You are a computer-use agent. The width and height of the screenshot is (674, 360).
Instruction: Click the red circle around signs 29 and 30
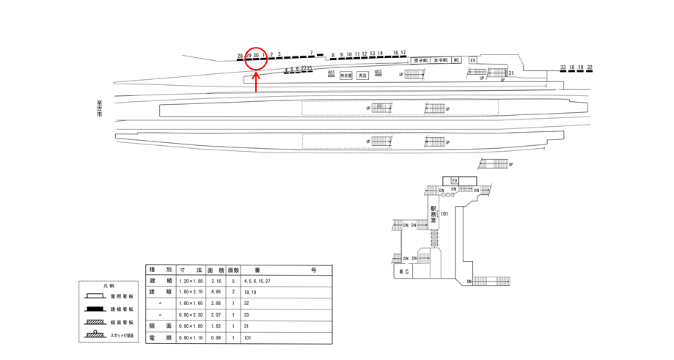click(254, 58)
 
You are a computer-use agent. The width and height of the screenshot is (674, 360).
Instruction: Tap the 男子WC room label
click(420, 60)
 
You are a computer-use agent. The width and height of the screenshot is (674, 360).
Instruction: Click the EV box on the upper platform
click(473, 59)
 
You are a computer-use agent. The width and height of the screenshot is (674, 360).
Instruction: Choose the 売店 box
click(362, 75)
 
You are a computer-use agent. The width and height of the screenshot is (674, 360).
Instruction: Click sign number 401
click(331, 73)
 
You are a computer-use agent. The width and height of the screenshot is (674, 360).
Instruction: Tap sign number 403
click(378, 72)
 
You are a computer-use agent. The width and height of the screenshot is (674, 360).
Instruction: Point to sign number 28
click(240, 56)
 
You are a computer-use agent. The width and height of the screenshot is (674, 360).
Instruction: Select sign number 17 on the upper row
click(403, 53)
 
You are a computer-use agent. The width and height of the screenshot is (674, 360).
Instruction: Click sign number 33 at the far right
click(563, 67)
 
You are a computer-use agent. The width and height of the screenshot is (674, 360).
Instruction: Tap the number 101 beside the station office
click(444, 214)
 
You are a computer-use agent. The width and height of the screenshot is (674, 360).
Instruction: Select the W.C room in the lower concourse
click(403, 271)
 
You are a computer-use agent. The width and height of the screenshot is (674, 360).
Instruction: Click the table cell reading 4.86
click(216, 291)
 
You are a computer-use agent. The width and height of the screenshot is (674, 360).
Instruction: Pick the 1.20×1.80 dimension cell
click(180, 281)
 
